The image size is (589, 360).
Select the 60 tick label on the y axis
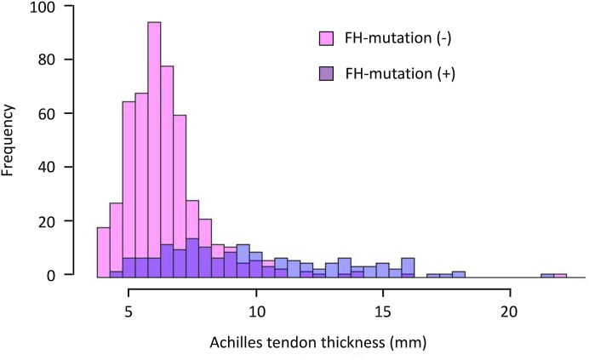[58, 114]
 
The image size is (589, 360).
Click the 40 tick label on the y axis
[58, 168]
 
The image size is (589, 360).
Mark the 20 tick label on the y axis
[58, 221]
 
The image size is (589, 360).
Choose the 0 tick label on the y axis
[61, 275]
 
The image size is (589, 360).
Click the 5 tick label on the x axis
[129, 311]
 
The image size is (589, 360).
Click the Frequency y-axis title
[9, 140]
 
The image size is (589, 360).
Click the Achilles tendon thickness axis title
[319, 344]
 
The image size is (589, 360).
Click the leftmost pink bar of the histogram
[103, 251]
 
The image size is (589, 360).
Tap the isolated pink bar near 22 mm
[560, 275]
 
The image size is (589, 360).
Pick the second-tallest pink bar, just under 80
[167, 170]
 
